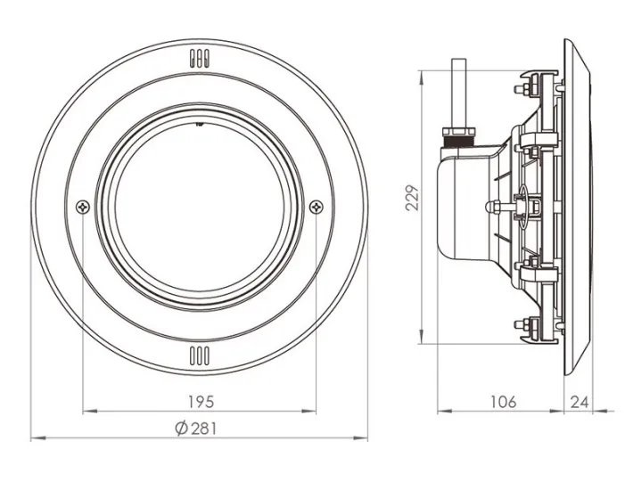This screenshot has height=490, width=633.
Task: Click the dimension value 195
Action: coord(199,402)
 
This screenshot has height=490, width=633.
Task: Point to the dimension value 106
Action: coord(504,402)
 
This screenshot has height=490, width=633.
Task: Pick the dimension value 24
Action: coord(580,402)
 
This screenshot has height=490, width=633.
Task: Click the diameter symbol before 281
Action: coord(181,428)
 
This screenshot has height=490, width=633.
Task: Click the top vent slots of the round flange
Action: coord(199,61)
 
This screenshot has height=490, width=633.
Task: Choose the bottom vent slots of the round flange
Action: coord(199,358)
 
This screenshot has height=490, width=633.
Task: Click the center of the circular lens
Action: coord(199,207)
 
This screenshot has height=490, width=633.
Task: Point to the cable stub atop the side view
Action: coord(458,94)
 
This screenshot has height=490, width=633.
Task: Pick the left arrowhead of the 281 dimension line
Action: coord(35,438)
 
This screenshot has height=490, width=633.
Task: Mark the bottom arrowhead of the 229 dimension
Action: coord(422,344)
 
